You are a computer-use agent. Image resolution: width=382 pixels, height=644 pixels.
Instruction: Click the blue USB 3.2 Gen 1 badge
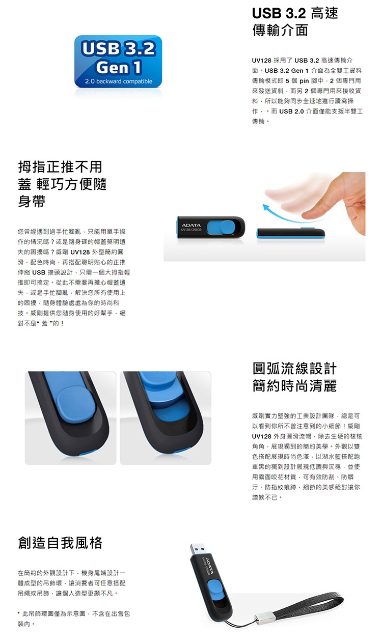pos(118,61)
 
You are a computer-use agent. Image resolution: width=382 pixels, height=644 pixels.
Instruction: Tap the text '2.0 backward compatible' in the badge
pos(119,81)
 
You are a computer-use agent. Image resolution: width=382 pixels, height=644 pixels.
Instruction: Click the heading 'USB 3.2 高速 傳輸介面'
pos(295,21)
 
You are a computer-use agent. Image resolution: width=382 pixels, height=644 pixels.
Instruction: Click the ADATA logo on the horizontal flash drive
pos(192,225)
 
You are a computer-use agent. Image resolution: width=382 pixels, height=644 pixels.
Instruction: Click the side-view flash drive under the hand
pos(290,233)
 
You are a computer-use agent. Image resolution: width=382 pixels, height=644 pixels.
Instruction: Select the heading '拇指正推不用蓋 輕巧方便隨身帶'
pos(62,184)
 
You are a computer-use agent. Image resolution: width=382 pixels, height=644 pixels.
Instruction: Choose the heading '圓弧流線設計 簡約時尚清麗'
pos(294,377)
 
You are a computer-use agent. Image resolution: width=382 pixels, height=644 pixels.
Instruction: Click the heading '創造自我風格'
pos(60,543)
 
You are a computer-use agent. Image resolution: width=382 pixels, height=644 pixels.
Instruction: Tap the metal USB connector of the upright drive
pos(197,549)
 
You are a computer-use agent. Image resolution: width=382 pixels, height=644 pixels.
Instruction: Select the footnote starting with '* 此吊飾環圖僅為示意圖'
pos(74,619)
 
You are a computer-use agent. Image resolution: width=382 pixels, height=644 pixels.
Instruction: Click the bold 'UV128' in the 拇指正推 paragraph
pos(80,252)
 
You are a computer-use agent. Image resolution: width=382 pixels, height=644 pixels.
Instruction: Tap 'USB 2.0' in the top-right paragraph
pos(291,111)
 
